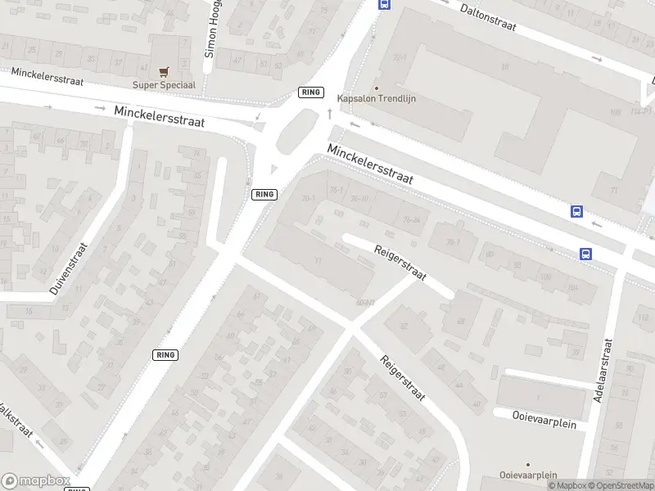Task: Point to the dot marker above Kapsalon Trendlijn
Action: pos(377,88)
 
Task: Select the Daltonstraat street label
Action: pos(488,16)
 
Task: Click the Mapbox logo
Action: pos(36,481)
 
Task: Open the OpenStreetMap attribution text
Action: pos(621,485)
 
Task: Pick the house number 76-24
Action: pos(411,219)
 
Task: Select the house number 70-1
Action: pos(309,199)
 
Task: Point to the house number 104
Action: pos(571,287)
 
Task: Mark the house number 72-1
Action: pos(401,57)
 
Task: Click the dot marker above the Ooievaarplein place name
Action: pos(528,464)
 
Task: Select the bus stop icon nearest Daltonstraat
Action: pos(382,3)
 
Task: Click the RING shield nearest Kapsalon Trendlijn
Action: pos(311,92)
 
